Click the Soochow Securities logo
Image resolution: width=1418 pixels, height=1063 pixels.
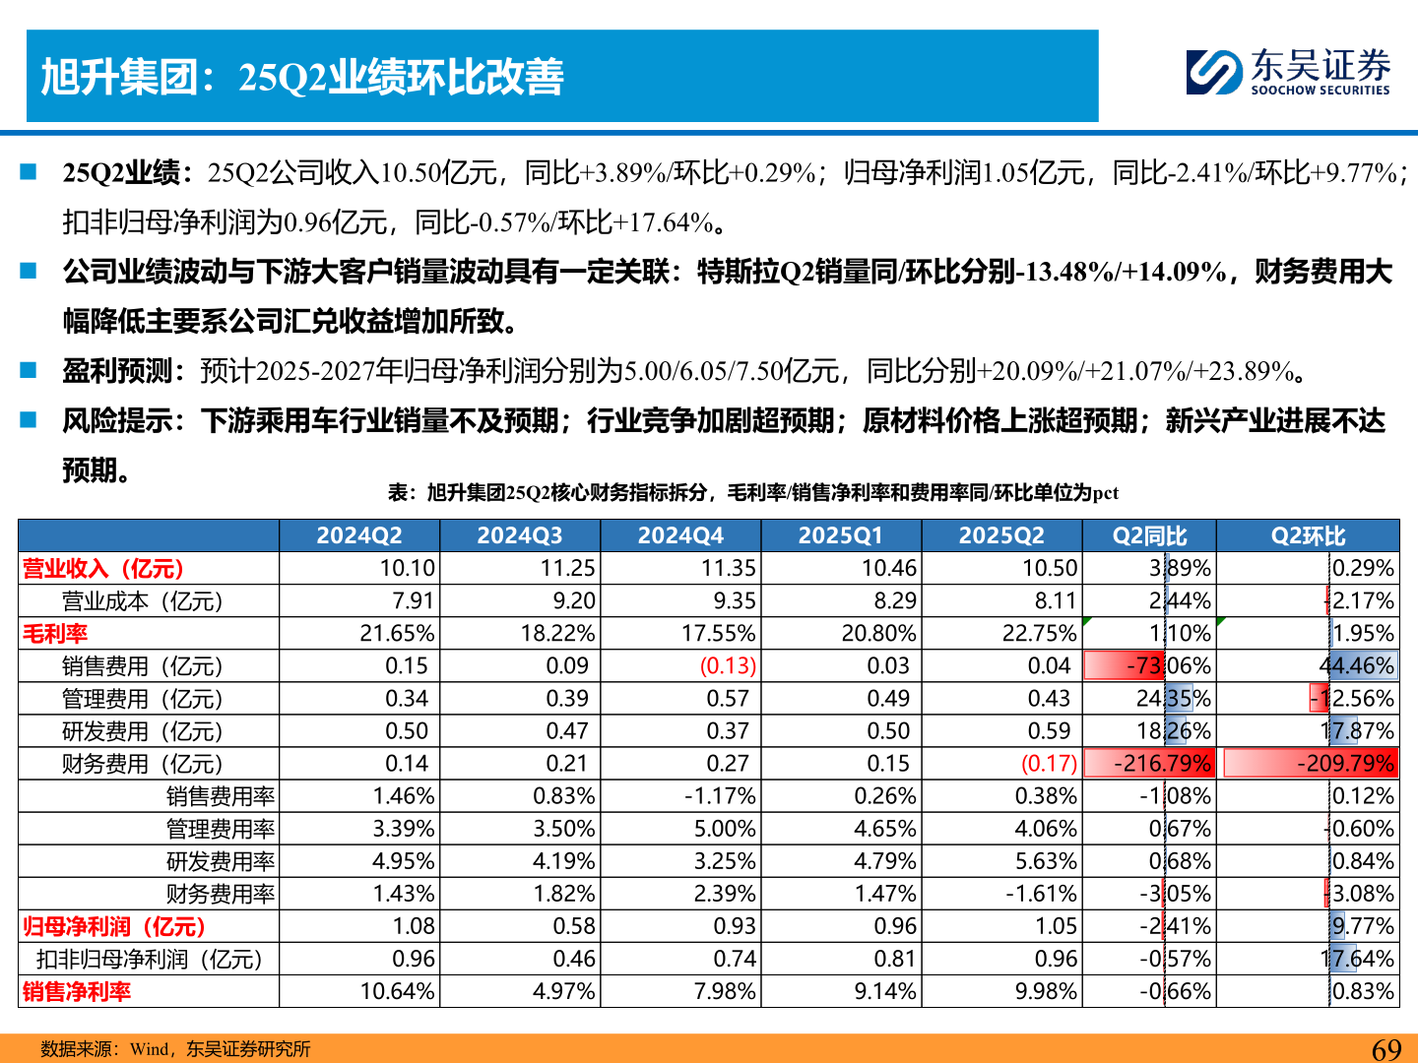point(1288,73)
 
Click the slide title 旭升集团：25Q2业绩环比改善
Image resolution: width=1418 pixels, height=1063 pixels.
point(302,77)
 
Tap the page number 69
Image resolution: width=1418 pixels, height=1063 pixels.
point(1386,1049)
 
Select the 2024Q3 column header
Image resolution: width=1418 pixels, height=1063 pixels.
point(519,535)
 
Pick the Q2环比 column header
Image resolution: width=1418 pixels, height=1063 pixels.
point(1308,535)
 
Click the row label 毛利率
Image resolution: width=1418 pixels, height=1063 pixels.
point(55,634)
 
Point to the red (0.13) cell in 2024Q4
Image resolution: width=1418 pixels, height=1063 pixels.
point(728,666)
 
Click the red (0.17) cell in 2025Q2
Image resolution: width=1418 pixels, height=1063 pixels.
point(1049,764)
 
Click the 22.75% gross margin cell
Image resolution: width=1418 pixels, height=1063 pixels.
point(1040,634)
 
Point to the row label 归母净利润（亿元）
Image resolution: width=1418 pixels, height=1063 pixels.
point(114,926)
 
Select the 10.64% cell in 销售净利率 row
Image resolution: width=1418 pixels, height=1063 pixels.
point(397,991)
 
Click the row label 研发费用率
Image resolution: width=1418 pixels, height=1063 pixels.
point(221,861)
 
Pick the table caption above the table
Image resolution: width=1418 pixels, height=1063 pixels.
point(752,492)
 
